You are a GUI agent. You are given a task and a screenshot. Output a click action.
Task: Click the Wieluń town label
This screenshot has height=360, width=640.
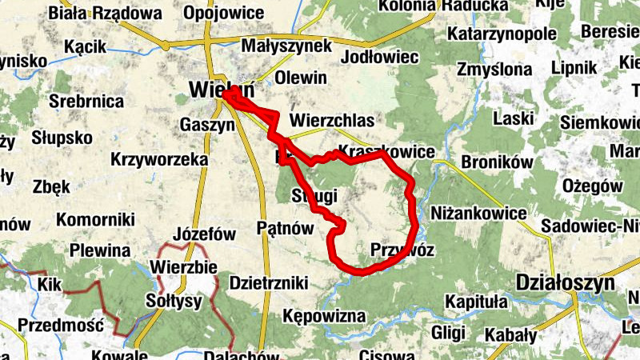click(x=210, y=90)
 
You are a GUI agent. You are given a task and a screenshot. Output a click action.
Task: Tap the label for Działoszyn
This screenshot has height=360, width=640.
click(x=566, y=283)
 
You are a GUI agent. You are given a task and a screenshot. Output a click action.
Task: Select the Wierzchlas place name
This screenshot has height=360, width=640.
click(x=332, y=120)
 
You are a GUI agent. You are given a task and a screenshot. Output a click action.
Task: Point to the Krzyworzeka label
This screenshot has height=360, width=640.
click(x=160, y=160)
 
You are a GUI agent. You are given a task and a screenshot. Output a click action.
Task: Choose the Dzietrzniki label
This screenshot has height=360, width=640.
click(x=269, y=282)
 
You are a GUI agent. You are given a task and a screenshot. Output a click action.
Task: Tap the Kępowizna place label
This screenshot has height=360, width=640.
click(x=324, y=317)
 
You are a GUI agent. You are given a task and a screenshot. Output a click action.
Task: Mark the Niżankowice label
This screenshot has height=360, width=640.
click(x=478, y=214)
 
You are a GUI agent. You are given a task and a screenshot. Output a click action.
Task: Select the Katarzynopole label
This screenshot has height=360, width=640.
click(x=502, y=34)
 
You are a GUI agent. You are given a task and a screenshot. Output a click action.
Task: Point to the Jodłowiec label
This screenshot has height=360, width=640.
click(x=380, y=58)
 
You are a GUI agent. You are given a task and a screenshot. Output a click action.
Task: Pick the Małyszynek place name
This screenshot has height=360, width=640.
click(x=286, y=46)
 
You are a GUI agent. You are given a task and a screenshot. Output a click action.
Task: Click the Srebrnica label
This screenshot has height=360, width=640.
click(x=86, y=102)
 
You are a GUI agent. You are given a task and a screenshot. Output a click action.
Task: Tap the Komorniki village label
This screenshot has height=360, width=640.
click(x=100, y=218)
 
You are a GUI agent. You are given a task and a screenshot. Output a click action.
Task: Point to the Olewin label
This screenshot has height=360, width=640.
click(x=301, y=78)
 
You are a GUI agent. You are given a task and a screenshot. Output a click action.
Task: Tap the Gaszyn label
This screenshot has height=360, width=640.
click(x=206, y=125)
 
